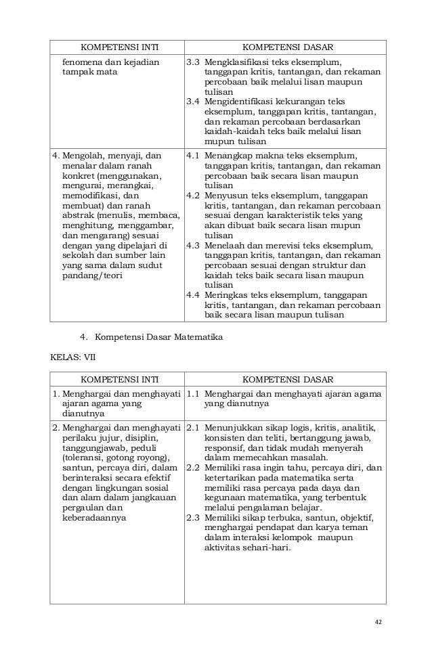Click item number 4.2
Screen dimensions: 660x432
coord(193,195)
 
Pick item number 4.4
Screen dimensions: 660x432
coord(193,294)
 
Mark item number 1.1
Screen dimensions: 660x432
coord(193,393)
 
